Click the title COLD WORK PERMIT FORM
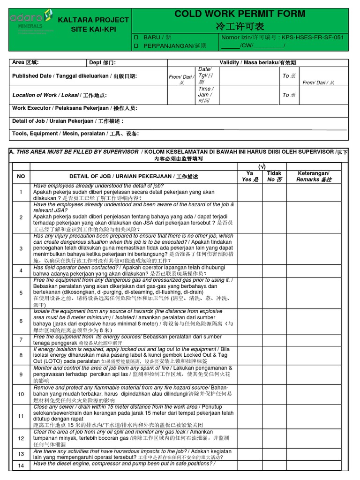tap(240, 14)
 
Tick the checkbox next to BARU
tap(137, 37)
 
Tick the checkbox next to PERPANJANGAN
tap(137, 45)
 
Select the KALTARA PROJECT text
tap(93, 20)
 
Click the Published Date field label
tap(75, 76)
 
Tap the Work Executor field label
tap(75, 108)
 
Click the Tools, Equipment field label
tap(75, 134)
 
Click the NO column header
tap(21, 176)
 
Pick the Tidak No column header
tap(274, 176)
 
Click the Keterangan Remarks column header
tap(314, 176)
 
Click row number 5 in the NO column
tap(21, 292)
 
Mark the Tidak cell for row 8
tap(274, 355)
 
